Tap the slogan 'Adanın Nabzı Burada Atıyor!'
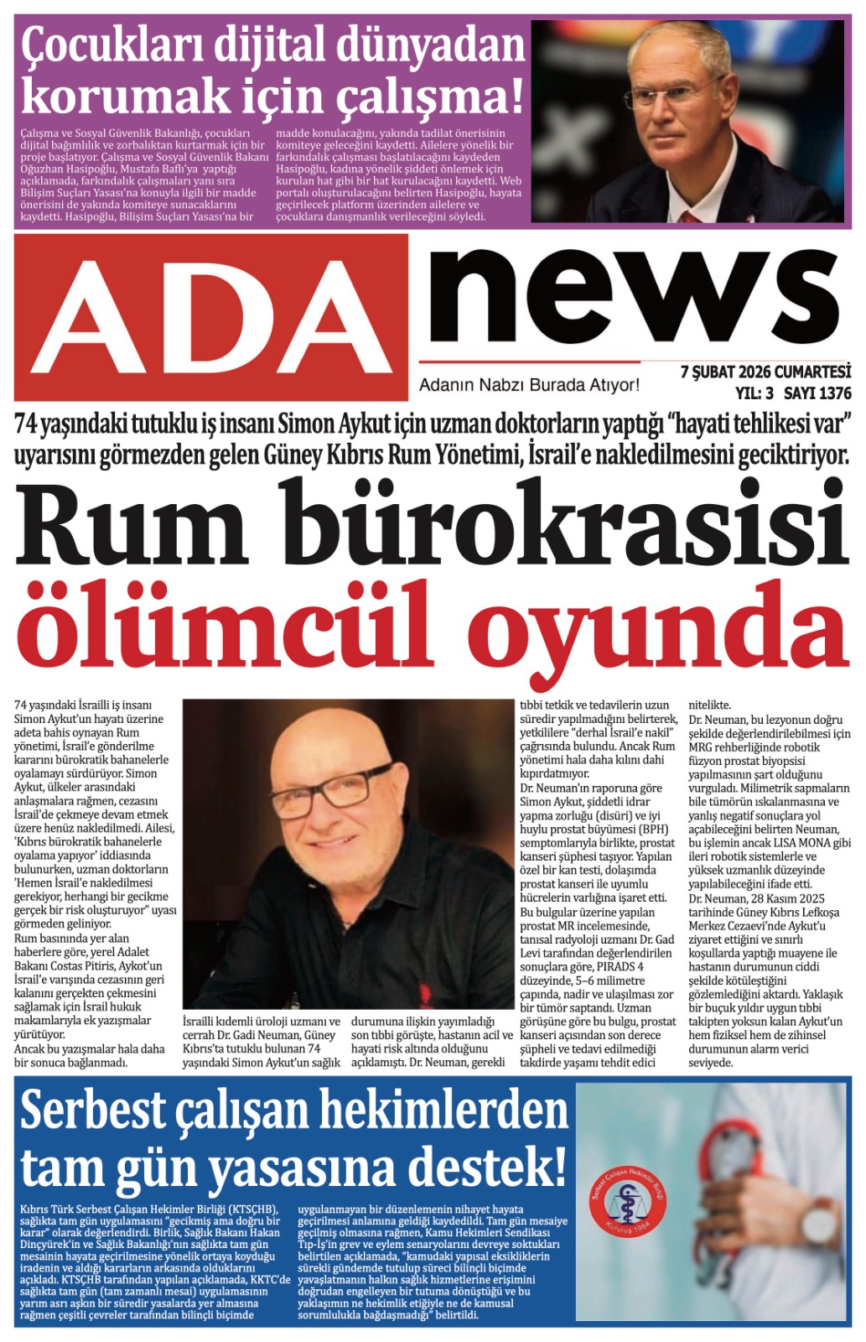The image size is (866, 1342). (x=529, y=385)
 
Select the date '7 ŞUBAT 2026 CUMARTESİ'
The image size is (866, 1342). (x=765, y=372)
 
